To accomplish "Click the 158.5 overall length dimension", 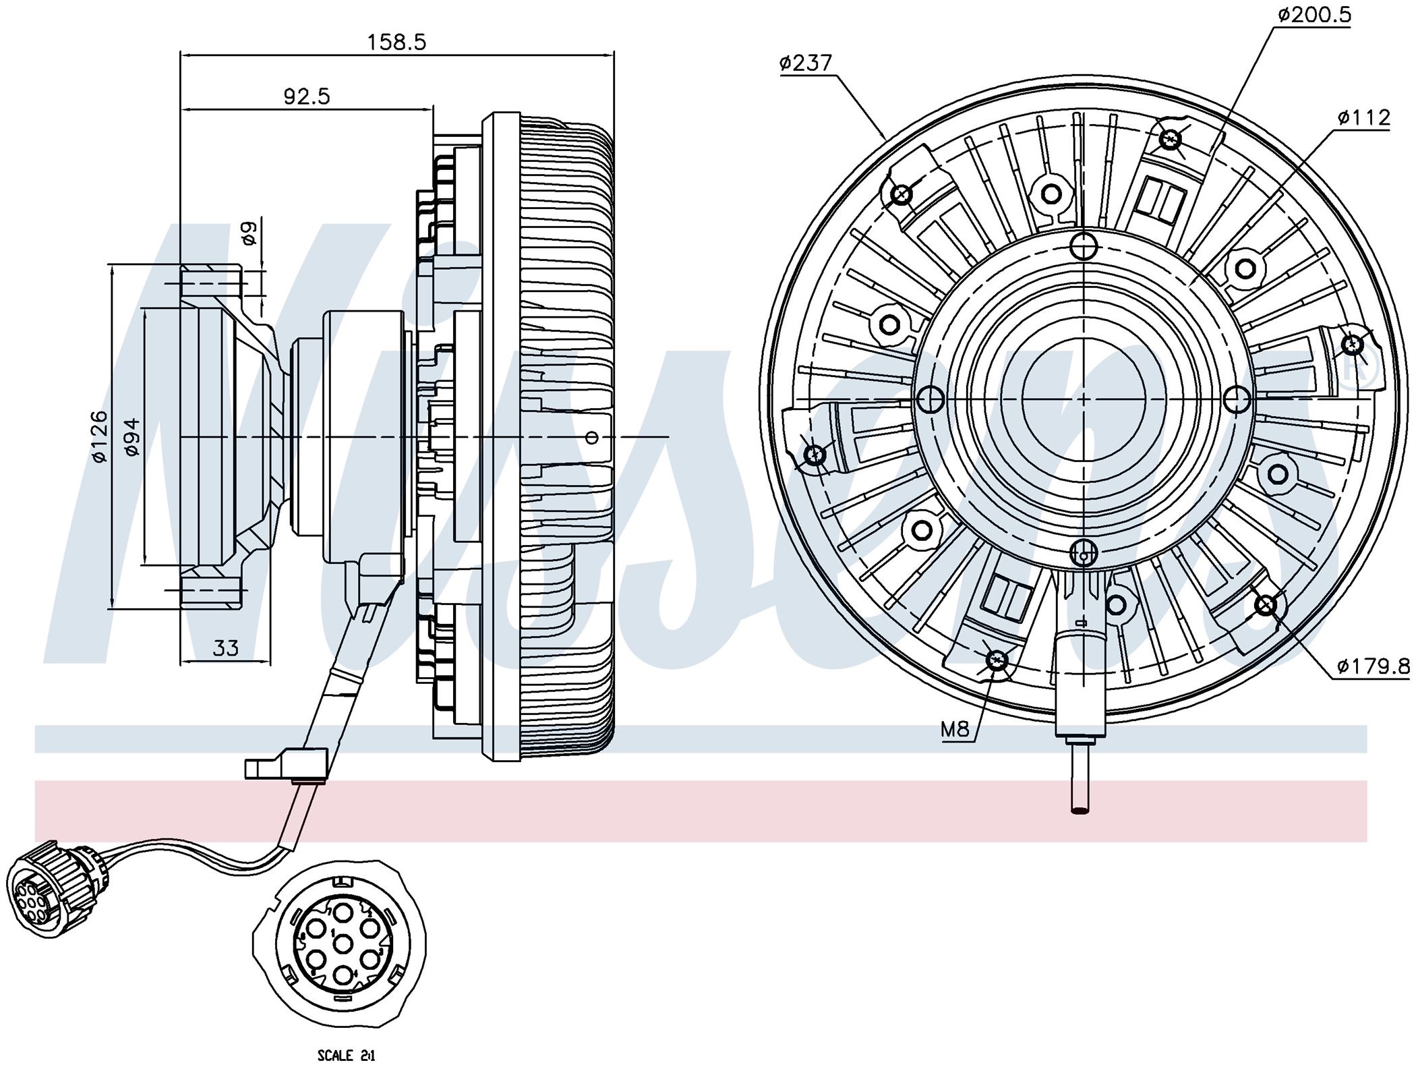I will point(396,42).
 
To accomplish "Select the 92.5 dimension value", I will point(306,97).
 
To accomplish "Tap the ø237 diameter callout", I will point(806,63).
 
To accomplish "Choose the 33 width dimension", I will point(226,649).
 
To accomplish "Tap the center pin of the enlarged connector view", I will point(343,944).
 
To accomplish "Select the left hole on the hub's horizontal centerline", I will point(931,400).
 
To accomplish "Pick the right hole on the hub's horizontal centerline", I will point(1237,400).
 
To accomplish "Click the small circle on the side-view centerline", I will point(592,438).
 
